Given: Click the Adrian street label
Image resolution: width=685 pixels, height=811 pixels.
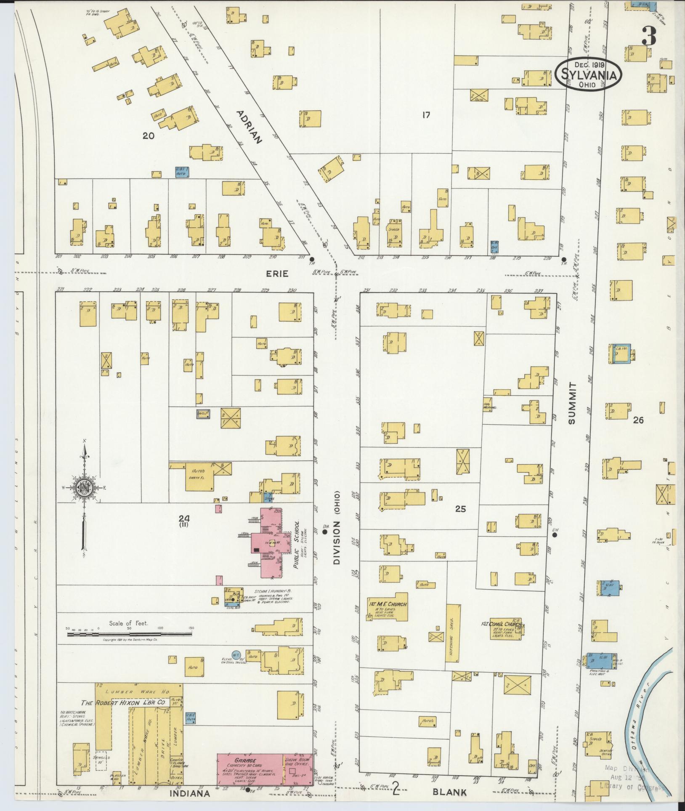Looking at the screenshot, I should click(x=249, y=127).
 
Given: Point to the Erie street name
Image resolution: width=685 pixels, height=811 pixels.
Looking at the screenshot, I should click(x=277, y=274).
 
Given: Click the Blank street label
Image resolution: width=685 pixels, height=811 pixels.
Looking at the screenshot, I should click(x=450, y=792).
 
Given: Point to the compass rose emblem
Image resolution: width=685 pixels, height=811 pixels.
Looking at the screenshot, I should click(x=84, y=488).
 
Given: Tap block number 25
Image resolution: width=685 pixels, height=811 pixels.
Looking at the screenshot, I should click(x=460, y=509).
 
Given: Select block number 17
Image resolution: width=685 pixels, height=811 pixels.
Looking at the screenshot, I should click(x=426, y=114).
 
